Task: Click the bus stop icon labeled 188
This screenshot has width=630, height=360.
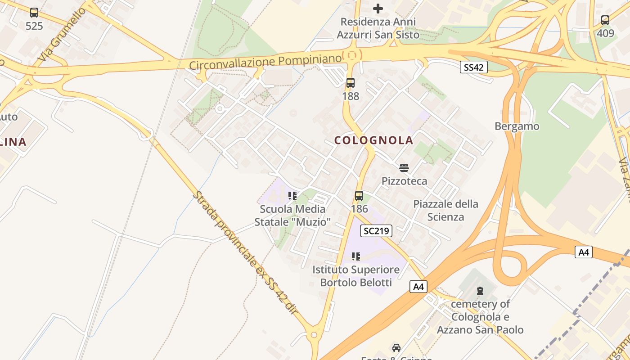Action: [351, 83]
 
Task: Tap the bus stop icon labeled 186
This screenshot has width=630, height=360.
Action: [359, 196]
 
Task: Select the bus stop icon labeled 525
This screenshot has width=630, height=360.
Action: [34, 13]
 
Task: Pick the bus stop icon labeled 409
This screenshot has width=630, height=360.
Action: [605, 20]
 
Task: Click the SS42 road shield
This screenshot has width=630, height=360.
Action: [474, 67]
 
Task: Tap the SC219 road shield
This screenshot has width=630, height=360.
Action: [377, 231]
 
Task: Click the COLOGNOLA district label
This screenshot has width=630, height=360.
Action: [373, 140]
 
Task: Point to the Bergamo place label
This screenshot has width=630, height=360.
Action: [517, 126]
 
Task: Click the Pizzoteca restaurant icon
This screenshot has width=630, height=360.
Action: [404, 168]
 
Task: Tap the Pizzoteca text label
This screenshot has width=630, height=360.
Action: [404, 181]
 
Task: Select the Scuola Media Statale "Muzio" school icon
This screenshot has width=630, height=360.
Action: [292, 196]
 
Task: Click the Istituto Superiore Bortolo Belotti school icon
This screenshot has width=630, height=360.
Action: [356, 256]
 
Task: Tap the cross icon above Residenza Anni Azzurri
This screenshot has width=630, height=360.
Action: [378, 8]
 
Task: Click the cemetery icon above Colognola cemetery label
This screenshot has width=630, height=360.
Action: [480, 291]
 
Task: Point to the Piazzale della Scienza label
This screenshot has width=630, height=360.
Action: [445, 211]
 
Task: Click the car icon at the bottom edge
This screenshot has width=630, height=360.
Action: [396, 348]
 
